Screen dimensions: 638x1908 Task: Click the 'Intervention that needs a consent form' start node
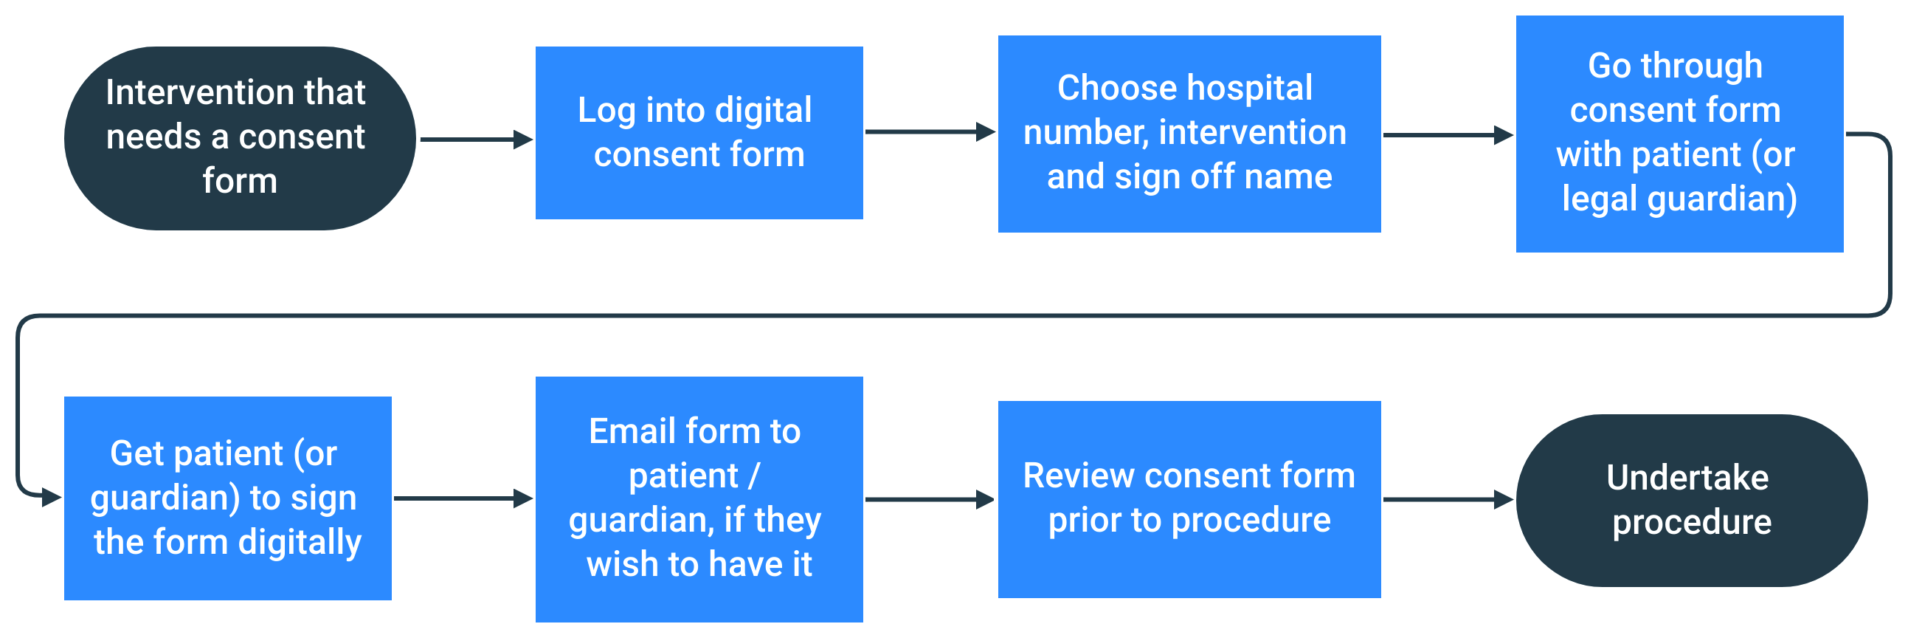[x=239, y=138]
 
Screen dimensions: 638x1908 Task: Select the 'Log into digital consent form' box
[x=699, y=133]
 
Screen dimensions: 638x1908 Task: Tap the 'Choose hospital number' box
[x=1189, y=134]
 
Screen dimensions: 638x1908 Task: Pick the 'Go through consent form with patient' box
[x=1679, y=134]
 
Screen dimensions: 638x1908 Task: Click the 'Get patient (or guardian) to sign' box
[x=227, y=498]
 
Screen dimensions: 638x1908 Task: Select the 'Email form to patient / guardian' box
[x=699, y=498]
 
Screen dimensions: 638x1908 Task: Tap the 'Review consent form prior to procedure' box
[x=1189, y=498]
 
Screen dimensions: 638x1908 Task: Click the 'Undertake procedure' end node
[x=1691, y=500]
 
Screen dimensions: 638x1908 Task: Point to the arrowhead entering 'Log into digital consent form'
[x=524, y=139]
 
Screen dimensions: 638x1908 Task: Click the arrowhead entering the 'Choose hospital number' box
[x=986, y=132]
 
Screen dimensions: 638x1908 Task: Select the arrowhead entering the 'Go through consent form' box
[x=1504, y=135]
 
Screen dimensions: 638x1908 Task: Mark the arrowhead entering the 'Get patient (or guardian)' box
[x=52, y=496]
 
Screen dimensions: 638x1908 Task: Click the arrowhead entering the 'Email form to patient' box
[x=524, y=498]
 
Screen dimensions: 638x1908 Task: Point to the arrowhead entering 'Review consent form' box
[x=986, y=499]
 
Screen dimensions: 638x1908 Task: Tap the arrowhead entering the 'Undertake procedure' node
[x=1504, y=499]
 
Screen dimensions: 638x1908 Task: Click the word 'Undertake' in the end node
[x=1687, y=478]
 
